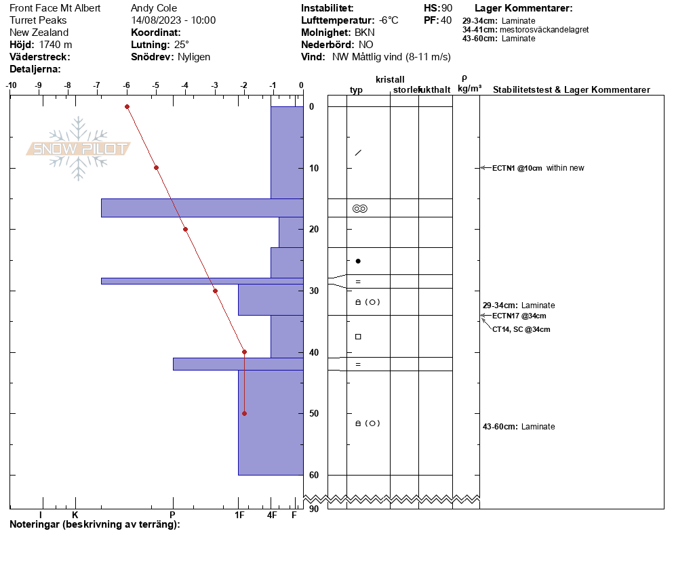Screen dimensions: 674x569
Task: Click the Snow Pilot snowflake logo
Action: [x=78, y=148]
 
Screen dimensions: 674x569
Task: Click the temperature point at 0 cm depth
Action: [x=127, y=106]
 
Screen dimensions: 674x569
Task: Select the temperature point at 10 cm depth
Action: [x=157, y=167]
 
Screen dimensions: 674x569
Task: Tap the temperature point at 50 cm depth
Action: [x=245, y=414]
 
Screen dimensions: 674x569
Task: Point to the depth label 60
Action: [x=314, y=475]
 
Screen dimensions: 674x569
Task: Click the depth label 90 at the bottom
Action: [x=314, y=509]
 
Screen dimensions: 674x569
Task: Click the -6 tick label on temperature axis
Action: [x=126, y=85]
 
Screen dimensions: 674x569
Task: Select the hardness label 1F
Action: [x=239, y=515]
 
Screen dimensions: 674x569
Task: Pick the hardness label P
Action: [x=172, y=515]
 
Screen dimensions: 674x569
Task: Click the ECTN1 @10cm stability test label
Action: [x=517, y=168]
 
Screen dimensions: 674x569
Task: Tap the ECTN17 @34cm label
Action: [x=519, y=316]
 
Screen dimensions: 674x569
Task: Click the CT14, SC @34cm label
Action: [x=521, y=329]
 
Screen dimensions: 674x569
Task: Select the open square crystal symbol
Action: [x=358, y=337]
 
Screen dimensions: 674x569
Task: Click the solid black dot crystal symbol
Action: [x=358, y=261]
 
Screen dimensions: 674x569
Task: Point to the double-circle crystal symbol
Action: [x=360, y=209]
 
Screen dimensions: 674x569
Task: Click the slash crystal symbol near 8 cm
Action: [x=358, y=152]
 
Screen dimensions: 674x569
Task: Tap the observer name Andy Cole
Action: [x=154, y=8]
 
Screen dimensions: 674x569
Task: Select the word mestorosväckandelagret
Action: [x=544, y=30]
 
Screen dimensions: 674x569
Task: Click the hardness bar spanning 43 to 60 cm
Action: [x=271, y=423]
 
